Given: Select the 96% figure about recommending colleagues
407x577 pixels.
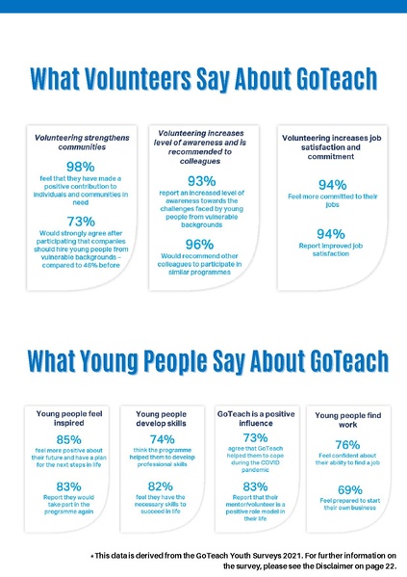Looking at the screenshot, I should click(199, 245).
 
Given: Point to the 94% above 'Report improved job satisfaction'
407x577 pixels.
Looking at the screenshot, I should click(331, 234).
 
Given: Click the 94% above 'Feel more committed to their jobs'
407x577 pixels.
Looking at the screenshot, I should click(331, 184).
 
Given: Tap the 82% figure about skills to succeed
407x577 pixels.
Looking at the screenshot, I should click(161, 485).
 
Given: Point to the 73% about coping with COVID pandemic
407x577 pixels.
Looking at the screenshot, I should click(255, 438).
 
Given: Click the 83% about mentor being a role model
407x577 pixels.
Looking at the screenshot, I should click(255, 485).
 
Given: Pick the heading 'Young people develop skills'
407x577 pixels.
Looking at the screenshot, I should click(162, 418).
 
